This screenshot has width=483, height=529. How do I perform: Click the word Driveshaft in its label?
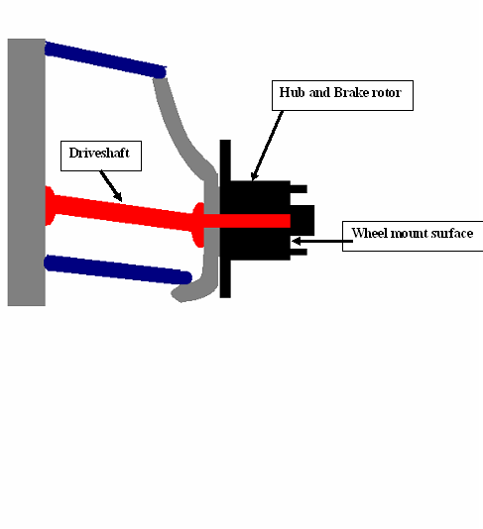click(99, 153)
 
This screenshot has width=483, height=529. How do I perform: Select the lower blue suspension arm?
click(118, 269)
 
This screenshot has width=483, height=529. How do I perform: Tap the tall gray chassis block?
click(27, 172)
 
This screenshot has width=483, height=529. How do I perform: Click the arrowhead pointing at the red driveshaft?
click(118, 197)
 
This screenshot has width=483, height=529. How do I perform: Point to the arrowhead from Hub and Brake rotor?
click(254, 175)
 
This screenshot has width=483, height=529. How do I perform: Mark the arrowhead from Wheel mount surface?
click(296, 241)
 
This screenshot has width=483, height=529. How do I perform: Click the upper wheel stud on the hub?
click(299, 189)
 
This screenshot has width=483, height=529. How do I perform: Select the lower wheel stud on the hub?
click(299, 252)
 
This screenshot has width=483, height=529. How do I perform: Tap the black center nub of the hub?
click(302, 220)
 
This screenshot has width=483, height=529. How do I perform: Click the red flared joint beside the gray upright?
click(198, 225)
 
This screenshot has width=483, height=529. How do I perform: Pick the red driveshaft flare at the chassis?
click(50, 205)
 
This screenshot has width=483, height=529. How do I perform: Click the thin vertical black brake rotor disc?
click(225, 219)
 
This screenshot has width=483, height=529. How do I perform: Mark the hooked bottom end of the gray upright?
click(189, 293)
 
